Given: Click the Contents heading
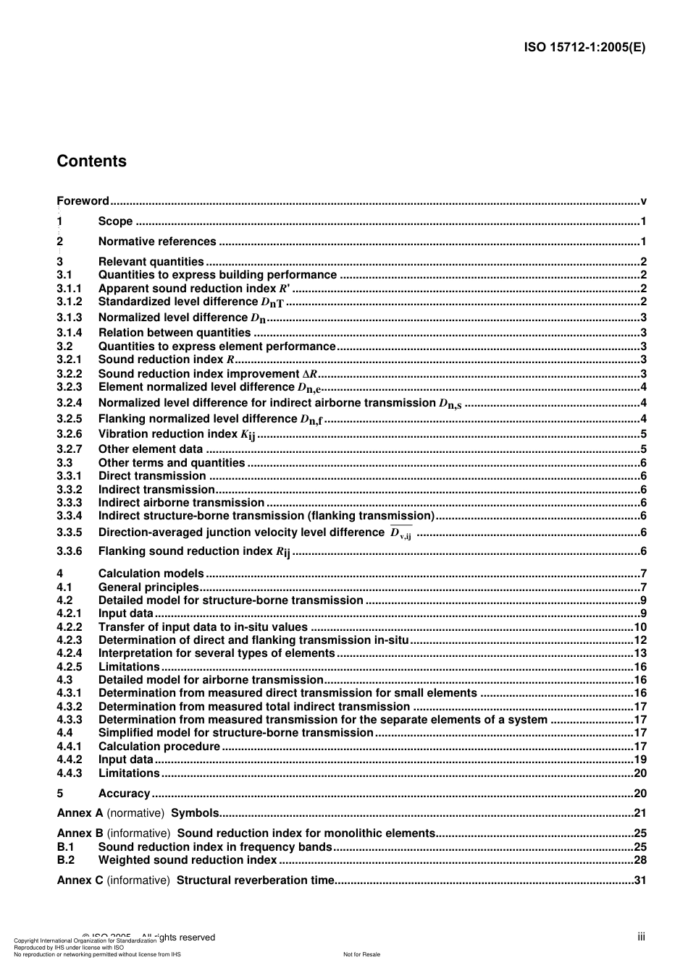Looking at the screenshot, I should pos(91,161).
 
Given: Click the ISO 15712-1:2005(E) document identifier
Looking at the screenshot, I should pos(584,48).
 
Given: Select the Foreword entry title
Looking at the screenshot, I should pos(83,201).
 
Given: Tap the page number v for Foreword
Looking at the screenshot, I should pos(643,201).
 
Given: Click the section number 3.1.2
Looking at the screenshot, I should pos(70,302).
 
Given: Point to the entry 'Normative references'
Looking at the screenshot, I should pos(157,242).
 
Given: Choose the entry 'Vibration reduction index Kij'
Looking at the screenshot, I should pos(177,434).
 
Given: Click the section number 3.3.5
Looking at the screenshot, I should pos(70,532).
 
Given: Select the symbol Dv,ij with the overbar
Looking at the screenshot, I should pos(400,533).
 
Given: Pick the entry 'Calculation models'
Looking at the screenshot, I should pos(151,574).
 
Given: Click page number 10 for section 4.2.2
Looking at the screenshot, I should pos(640,627).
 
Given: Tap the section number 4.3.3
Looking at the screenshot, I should pos(70,720).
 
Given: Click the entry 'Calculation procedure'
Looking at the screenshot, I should pos(159,747).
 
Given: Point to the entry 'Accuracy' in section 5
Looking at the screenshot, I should pos(124,794).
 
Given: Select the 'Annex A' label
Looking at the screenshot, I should pos(80,813).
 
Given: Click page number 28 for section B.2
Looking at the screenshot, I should pos(640,860).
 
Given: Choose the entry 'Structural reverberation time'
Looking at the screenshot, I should pos(256,880).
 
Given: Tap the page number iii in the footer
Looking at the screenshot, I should pos(641,937).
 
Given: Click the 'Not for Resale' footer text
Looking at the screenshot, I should pos(361,954).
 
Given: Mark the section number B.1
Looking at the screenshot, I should pos(66,847).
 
